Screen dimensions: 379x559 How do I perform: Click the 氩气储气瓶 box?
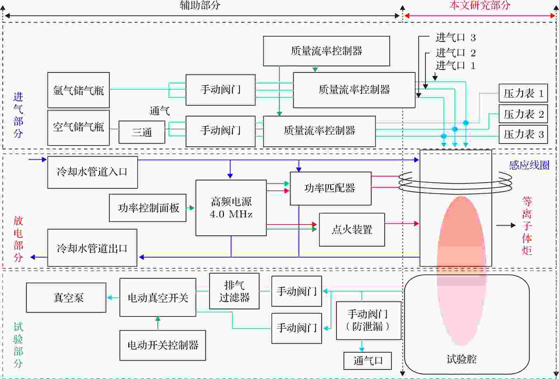click(78, 90)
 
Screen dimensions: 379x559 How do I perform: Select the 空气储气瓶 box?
click(78, 128)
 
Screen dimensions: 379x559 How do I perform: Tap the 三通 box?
click(142, 132)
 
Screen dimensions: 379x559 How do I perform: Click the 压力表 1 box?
click(523, 93)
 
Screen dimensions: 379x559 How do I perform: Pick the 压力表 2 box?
click(523, 114)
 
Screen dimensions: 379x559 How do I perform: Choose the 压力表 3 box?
click(523, 134)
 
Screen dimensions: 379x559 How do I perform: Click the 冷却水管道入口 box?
click(92, 172)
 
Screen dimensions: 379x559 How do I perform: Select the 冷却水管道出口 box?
click(92, 248)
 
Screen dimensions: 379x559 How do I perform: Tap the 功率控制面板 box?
click(148, 208)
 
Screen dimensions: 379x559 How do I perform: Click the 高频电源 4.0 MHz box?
click(231, 208)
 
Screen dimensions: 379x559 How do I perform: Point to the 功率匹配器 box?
click(330, 188)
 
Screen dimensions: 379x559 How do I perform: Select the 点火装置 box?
click(352, 230)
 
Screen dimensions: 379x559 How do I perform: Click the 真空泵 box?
click(66, 298)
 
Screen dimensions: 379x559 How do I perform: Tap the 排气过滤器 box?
click(234, 291)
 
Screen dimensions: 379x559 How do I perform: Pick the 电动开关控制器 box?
click(163, 345)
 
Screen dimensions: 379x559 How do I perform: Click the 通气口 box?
click(367, 360)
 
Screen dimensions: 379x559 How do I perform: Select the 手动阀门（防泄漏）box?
click(368, 320)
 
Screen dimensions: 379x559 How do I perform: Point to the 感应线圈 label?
click(529, 165)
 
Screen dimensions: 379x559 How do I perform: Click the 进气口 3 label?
click(455, 37)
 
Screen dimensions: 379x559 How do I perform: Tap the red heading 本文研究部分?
click(479, 5)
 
